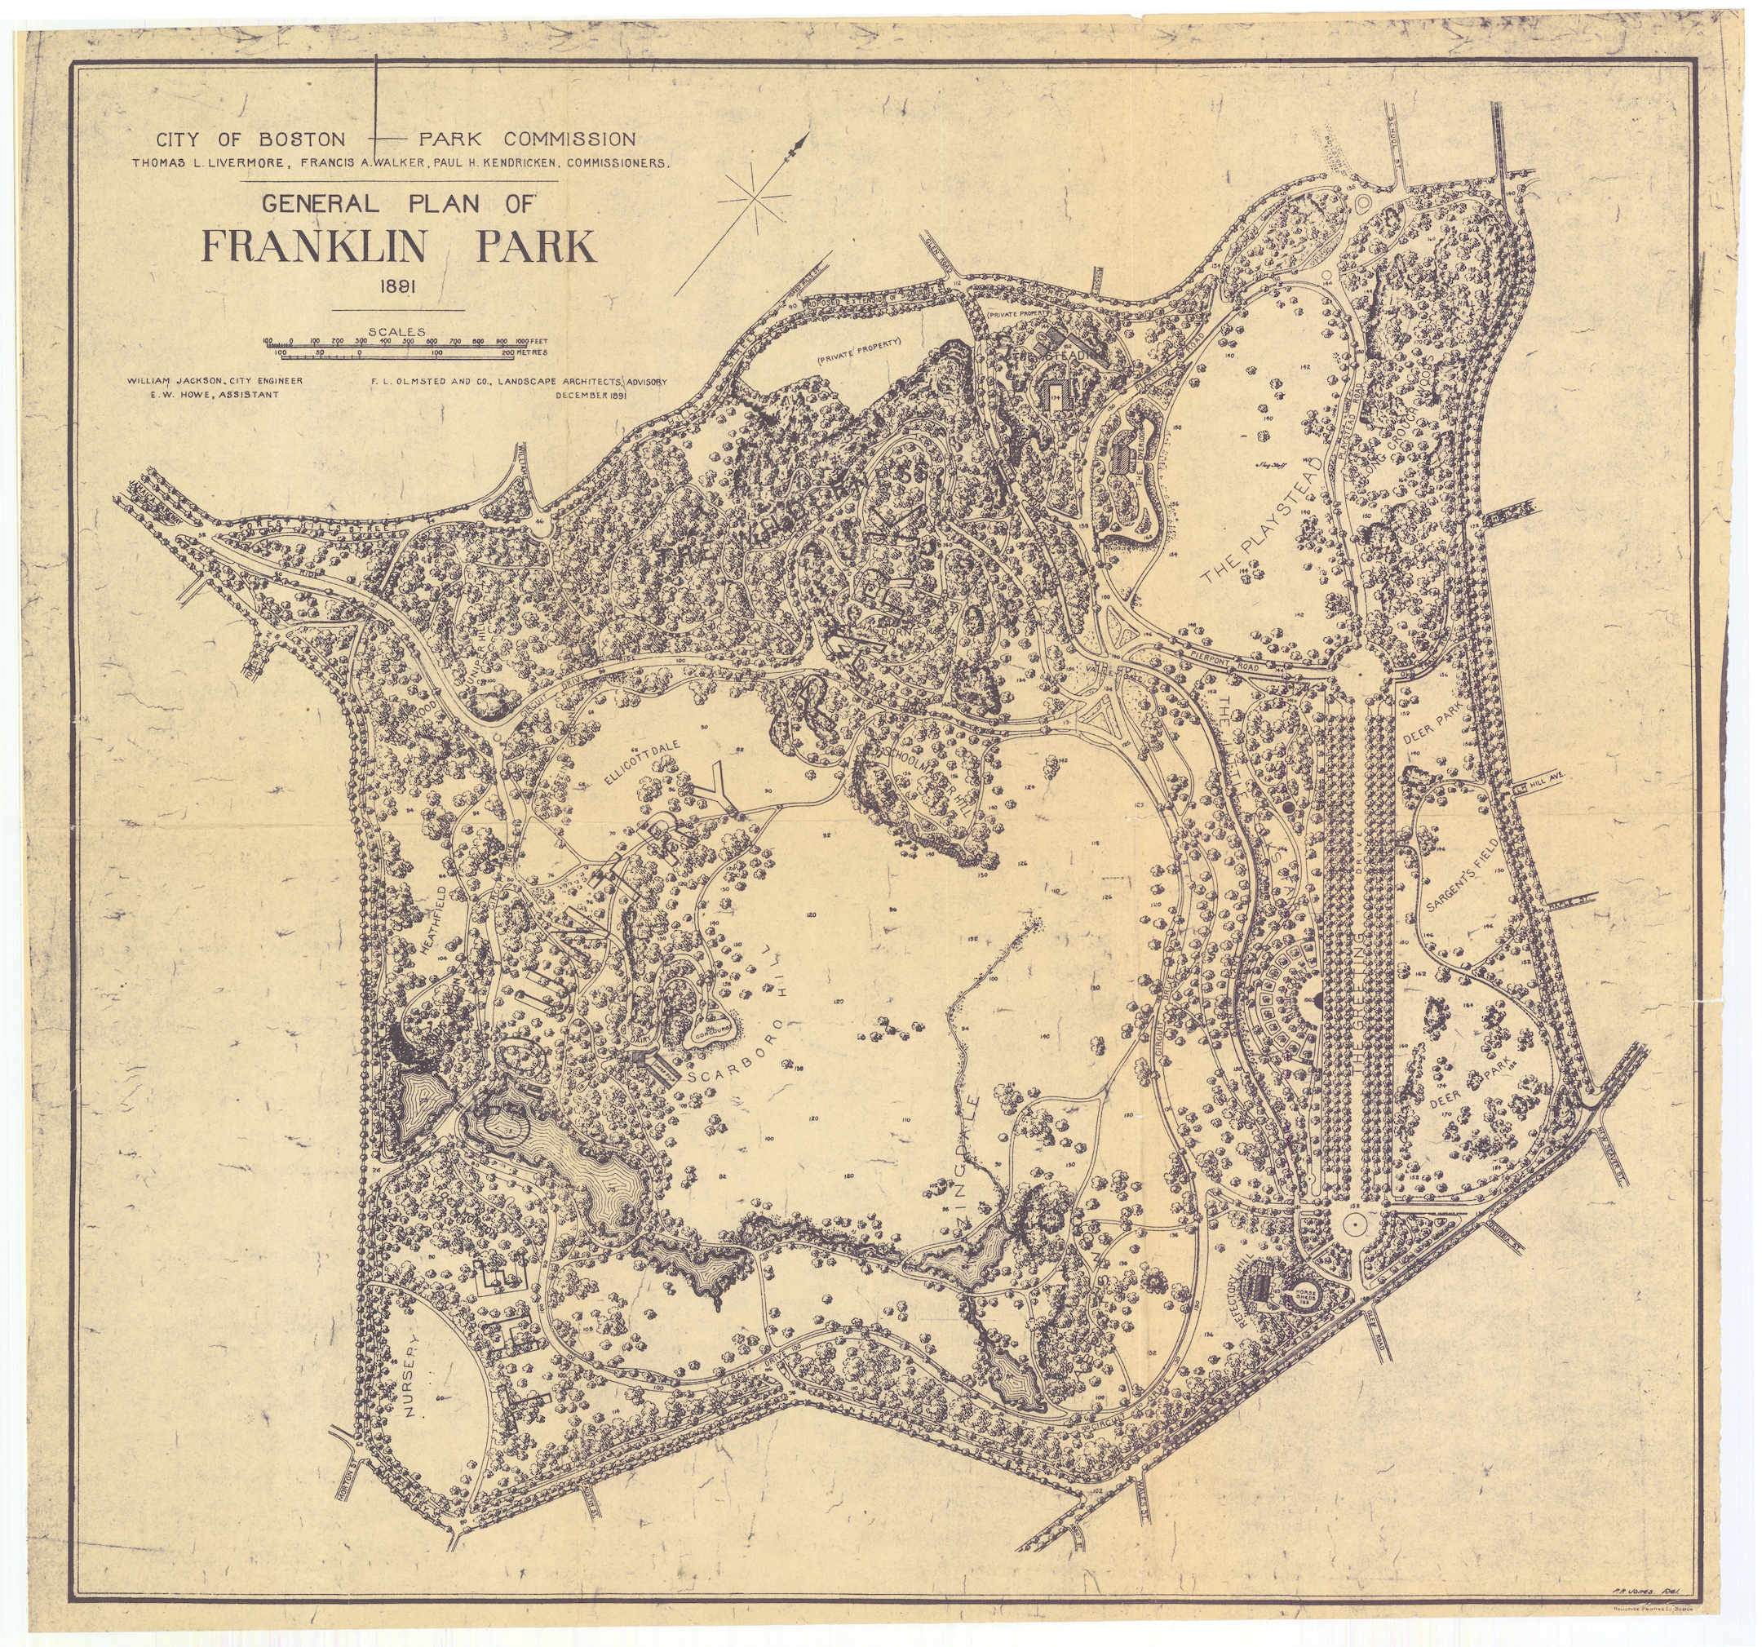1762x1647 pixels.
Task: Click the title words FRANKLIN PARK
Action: pos(400,248)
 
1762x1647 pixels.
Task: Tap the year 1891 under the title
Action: pos(397,287)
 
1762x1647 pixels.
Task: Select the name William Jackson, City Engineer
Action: pos(215,380)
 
